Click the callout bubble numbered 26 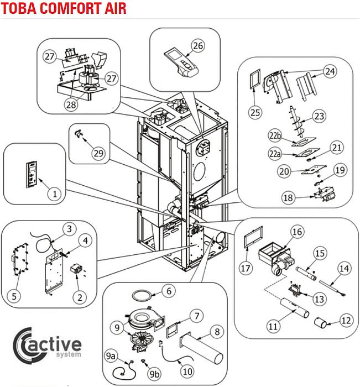pyautogui.click(x=199, y=45)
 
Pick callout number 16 pyautogui.click(x=297, y=232)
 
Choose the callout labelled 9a pyautogui.click(x=112, y=354)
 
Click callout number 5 pyautogui.click(x=15, y=296)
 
